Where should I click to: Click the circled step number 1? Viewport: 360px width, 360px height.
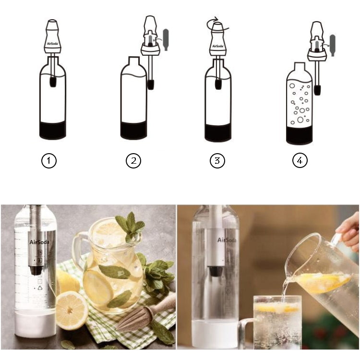[48, 161]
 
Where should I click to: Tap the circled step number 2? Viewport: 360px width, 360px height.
[133, 161]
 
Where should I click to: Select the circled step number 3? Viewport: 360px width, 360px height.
[217, 161]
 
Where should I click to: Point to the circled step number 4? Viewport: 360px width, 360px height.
[300, 161]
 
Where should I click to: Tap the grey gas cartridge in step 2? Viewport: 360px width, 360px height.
[166, 40]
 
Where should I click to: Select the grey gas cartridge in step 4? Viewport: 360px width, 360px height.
[332, 45]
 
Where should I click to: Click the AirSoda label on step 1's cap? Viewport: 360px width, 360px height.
[53, 44]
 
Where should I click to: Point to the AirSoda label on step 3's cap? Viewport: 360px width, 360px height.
[218, 46]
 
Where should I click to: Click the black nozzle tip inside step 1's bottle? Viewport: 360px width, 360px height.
[53, 82]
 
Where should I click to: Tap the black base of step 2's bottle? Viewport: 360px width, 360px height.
[133, 131]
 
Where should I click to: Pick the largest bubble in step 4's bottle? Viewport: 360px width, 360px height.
[300, 120]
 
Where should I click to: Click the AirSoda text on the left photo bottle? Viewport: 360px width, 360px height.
[39, 242]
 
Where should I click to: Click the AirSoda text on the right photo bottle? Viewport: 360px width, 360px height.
[227, 240]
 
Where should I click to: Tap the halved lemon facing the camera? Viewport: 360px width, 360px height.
[72, 311]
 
